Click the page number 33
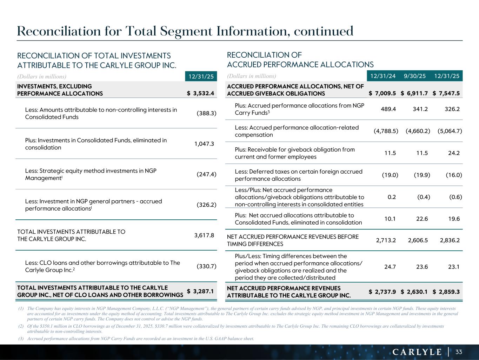coord(459,352)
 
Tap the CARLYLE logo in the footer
coord(417,352)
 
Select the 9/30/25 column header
coord(414,76)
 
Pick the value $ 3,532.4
coord(201,94)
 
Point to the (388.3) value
coord(206,113)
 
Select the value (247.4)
coord(206,174)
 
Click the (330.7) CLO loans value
coord(206,266)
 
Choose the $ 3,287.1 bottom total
coord(201,291)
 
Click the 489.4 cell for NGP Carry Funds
coord(388,109)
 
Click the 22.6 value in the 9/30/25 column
coord(422,219)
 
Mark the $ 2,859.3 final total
coord(446,292)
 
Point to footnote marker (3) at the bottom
coord(21,339)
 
